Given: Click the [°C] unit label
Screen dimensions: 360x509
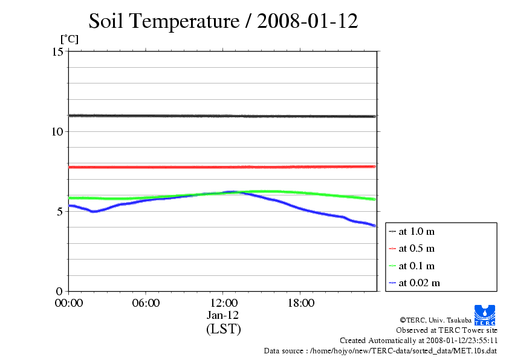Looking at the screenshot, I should (x=68, y=39).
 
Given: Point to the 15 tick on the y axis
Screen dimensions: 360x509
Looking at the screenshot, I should (x=58, y=51).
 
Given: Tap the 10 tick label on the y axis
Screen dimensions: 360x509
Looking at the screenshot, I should (x=58, y=131).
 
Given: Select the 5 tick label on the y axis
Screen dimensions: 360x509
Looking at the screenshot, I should (x=60, y=211).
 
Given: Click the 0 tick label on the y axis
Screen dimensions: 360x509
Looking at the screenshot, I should (x=60, y=291).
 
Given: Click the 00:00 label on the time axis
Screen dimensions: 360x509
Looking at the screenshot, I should (x=68, y=303).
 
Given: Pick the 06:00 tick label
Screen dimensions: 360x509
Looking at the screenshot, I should (x=146, y=303).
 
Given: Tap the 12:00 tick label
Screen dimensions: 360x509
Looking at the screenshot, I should (x=223, y=303).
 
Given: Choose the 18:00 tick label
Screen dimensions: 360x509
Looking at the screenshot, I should (x=300, y=303).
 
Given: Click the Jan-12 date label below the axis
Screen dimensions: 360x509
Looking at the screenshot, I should (x=223, y=315).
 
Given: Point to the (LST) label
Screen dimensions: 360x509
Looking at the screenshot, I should (x=223, y=329).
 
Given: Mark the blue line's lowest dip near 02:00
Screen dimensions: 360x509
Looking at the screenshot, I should (x=93, y=211).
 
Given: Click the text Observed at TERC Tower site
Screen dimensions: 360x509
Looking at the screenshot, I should (x=447, y=330).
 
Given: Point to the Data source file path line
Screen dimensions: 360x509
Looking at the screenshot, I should (x=380, y=350).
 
